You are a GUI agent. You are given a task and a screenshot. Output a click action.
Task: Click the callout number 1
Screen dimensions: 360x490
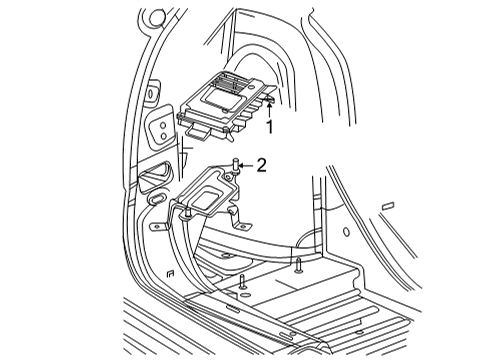pos(269,127)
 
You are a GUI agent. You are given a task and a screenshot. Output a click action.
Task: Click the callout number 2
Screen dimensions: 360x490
pos(261,165)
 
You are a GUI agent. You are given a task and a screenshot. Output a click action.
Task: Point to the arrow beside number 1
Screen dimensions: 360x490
pos(269,109)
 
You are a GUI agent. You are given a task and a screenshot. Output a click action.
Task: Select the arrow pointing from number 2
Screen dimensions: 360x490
pos(246,165)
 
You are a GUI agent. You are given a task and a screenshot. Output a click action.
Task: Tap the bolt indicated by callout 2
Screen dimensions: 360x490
pos(233,166)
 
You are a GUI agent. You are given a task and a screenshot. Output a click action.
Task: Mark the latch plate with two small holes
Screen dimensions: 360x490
pos(159,129)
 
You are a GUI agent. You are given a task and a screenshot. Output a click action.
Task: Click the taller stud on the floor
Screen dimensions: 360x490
pos(299,265)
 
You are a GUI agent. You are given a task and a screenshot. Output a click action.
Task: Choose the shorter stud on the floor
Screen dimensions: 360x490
pos(242,282)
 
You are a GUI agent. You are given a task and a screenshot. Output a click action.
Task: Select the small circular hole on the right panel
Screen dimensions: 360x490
pos(346,232)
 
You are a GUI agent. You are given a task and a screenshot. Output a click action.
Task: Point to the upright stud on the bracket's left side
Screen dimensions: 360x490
pos(186,214)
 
